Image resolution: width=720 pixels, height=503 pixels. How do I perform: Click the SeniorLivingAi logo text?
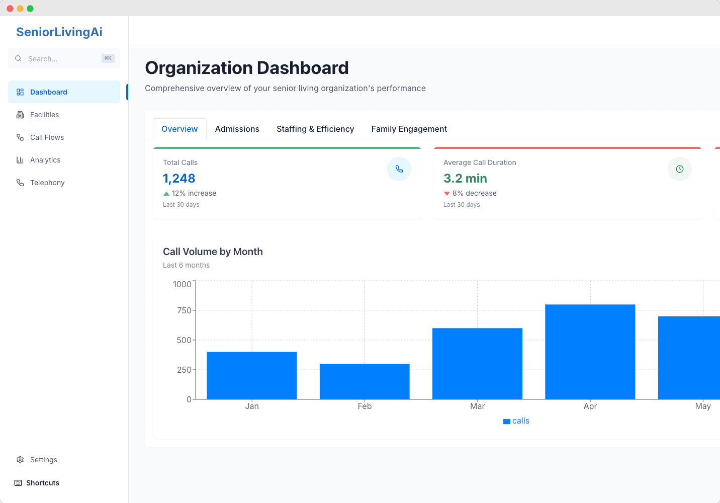(59, 32)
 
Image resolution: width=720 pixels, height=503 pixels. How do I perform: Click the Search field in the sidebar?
(64, 58)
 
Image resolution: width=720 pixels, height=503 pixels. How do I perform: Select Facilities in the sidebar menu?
(44, 115)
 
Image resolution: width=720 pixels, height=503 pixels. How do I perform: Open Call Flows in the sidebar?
(47, 137)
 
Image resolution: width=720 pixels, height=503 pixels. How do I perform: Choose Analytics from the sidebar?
(45, 160)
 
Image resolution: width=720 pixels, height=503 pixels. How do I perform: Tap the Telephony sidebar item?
(47, 183)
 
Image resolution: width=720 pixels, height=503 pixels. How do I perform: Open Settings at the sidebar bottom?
(43, 460)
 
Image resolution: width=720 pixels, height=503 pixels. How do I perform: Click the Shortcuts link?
(42, 483)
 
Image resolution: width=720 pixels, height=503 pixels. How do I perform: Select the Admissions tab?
(237, 129)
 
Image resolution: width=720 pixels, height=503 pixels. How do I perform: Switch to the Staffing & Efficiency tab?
(315, 129)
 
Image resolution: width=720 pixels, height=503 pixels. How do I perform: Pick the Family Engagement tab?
(409, 129)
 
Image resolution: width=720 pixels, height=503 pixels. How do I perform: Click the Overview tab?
(179, 129)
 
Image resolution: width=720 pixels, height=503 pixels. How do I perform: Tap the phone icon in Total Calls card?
(399, 169)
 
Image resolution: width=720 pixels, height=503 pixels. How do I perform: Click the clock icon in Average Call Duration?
(679, 169)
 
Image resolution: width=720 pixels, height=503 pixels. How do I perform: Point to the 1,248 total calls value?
(179, 178)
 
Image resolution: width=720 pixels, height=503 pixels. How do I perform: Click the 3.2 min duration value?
(465, 178)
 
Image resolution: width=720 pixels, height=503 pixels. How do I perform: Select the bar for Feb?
(365, 381)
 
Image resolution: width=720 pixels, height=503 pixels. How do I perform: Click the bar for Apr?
(590, 352)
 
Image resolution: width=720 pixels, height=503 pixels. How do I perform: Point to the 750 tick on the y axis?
(184, 310)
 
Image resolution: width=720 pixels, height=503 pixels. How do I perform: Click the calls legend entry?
(516, 421)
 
